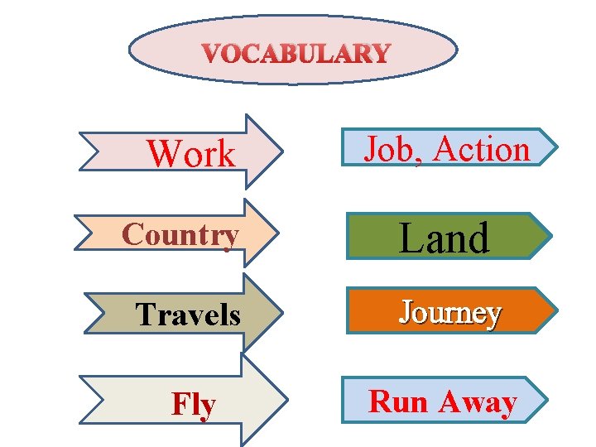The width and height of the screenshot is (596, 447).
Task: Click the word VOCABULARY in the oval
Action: pyautogui.click(x=296, y=55)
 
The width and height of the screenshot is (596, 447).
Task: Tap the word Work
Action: pyautogui.click(x=190, y=154)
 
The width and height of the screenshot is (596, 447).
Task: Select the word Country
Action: pyautogui.click(x=180, y=235)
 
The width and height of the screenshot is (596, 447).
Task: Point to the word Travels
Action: pyautogui.click(x=188, y=315)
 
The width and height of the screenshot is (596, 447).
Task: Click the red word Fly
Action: pyautogui.click(x=194, y=405)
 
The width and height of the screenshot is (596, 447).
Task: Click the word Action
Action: pyautogui.click(x=481, y=150)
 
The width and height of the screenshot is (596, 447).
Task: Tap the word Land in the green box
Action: pyautogui.click(x=445, y=238)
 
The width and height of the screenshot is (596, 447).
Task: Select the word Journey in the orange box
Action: pyautogui.click(x=450, y=313)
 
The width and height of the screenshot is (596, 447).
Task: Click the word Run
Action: pyautogui.click(x=398, y=402)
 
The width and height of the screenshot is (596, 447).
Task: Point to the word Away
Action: pyautogui.click(x=478, y=402)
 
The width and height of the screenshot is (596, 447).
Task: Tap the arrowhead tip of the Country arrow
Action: pyautogui.click(x=279, y=233)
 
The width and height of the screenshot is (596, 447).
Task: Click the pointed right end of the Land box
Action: pyautogui.click(x=551, y=236)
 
